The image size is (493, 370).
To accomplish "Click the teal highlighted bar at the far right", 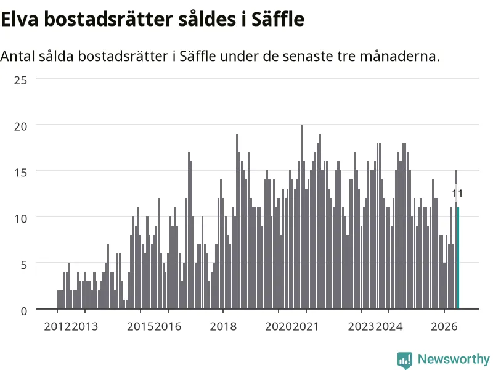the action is click(458, 258).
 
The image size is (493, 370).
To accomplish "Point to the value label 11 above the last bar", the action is click(457, 194).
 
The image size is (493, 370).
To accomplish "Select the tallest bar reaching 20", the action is click(301, 217).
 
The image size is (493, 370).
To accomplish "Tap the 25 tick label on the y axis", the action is click(21, 81).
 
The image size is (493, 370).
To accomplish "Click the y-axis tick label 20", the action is click(21, 126).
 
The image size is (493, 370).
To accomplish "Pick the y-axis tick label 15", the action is click(21, 173).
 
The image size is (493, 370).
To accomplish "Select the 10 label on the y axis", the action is click(21, 219).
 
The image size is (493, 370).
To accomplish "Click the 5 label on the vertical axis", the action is click(24, 265).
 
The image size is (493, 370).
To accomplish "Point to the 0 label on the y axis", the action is click(24, 311).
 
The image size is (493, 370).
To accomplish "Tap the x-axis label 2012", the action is click(57, 327).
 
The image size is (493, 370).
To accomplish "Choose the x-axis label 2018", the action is click(223, 327).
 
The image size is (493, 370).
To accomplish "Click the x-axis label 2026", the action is click(444, 327).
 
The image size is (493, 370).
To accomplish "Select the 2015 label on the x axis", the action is click(141, 327).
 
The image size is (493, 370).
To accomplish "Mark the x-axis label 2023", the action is click(362, 327).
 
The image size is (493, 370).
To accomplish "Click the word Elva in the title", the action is click(20, 19).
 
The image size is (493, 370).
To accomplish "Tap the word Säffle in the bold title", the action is click(278, 19).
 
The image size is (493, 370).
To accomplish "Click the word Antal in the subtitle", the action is click(18, 56).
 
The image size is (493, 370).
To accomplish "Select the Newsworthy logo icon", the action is click(405, 360).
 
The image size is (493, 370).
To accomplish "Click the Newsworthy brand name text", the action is click(454, 359).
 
